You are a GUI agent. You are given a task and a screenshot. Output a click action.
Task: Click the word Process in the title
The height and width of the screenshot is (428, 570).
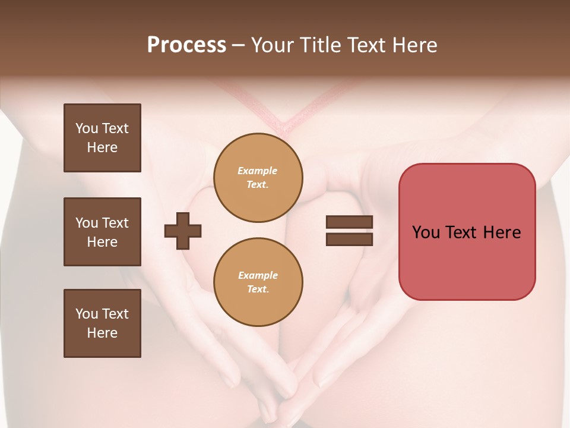click(186, 45)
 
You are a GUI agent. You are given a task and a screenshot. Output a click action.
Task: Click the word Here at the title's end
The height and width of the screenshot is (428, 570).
click(413, 45)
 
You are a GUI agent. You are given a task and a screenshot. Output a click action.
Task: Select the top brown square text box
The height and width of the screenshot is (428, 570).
click(102, 138)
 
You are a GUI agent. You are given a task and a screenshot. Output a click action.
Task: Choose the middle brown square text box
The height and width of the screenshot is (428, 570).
click(102, 232)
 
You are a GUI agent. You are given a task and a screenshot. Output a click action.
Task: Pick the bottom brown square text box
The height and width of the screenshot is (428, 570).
click(102, 323)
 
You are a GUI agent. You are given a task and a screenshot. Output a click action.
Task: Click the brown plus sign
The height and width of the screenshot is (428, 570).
click(183, 231)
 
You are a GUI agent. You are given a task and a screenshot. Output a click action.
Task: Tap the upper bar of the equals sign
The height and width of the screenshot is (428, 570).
click(349, 222)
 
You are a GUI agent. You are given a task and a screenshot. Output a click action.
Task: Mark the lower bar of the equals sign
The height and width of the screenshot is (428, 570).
click(349, 239)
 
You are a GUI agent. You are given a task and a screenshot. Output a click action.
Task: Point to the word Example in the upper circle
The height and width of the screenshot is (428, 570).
click(258, 171)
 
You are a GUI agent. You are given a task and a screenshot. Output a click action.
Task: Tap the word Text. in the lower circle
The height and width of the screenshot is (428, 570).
click(258, 289)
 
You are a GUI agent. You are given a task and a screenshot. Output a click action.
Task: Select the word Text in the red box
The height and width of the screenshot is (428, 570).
click(463, 232)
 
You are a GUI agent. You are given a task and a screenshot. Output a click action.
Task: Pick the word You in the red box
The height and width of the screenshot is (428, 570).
click(426, 232)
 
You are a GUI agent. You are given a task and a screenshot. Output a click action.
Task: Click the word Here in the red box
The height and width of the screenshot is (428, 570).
click(502, 232)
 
